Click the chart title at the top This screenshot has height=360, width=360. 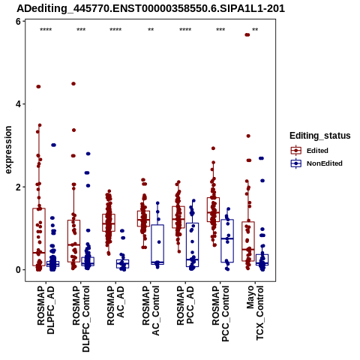[x=151, y=8]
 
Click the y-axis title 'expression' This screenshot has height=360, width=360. [x=8, y=150]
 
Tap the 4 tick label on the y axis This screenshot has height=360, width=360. [x=18, y=104]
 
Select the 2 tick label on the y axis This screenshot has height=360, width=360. [x=18, y=187]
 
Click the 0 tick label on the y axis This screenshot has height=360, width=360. [x=18, y=270]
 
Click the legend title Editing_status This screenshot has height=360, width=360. [x=320, y=136]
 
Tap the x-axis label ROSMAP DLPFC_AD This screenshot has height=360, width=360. [x=46, y=310]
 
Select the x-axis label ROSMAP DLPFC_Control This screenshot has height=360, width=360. [x=81, y=319]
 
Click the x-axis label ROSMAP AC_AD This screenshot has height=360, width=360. [x=115, y=305]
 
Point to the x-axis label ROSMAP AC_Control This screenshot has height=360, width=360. [x=151, y=310]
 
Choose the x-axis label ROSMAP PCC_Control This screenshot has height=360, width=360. [x=220, y=313]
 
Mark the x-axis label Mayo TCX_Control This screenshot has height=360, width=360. [x=255, y=313]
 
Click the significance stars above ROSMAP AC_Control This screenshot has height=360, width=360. [x=151, y=30]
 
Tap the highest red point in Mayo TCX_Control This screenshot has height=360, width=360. [x=247, y=34]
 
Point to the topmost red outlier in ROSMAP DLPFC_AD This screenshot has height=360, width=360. [x=38, y=87]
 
